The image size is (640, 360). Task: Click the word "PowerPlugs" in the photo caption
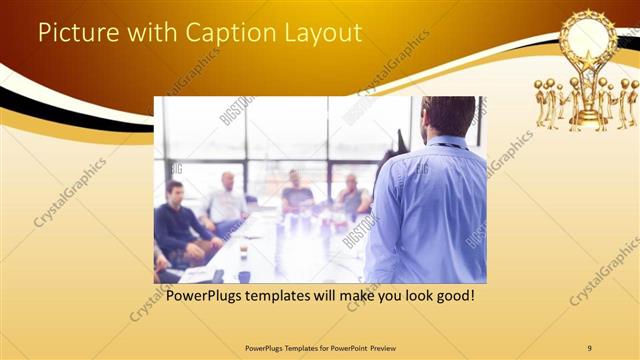[x=207, y=297]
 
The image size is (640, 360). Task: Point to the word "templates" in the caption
[x=290, y=297]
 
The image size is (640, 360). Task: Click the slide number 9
[x=590, y=347]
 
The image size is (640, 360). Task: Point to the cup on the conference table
[x=243, y=251]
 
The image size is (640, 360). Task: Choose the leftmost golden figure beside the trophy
[x=541, y=104]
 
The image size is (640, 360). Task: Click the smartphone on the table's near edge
[x=218, y=275]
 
